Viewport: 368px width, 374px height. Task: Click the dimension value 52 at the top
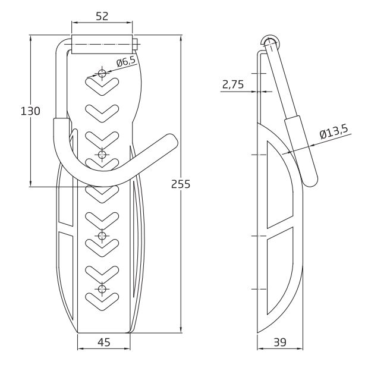[102, 17]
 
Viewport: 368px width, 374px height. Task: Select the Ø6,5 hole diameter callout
[126, 62]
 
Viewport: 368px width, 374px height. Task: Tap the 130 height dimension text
[30, 111]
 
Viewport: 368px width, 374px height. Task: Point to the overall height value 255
[180, 184]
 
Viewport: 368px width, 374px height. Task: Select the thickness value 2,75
[232, 85]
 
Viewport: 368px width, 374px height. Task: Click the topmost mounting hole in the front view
[102, 73]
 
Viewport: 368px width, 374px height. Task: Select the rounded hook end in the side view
[310, 180]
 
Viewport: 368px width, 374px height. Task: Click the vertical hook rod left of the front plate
[60, 83]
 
